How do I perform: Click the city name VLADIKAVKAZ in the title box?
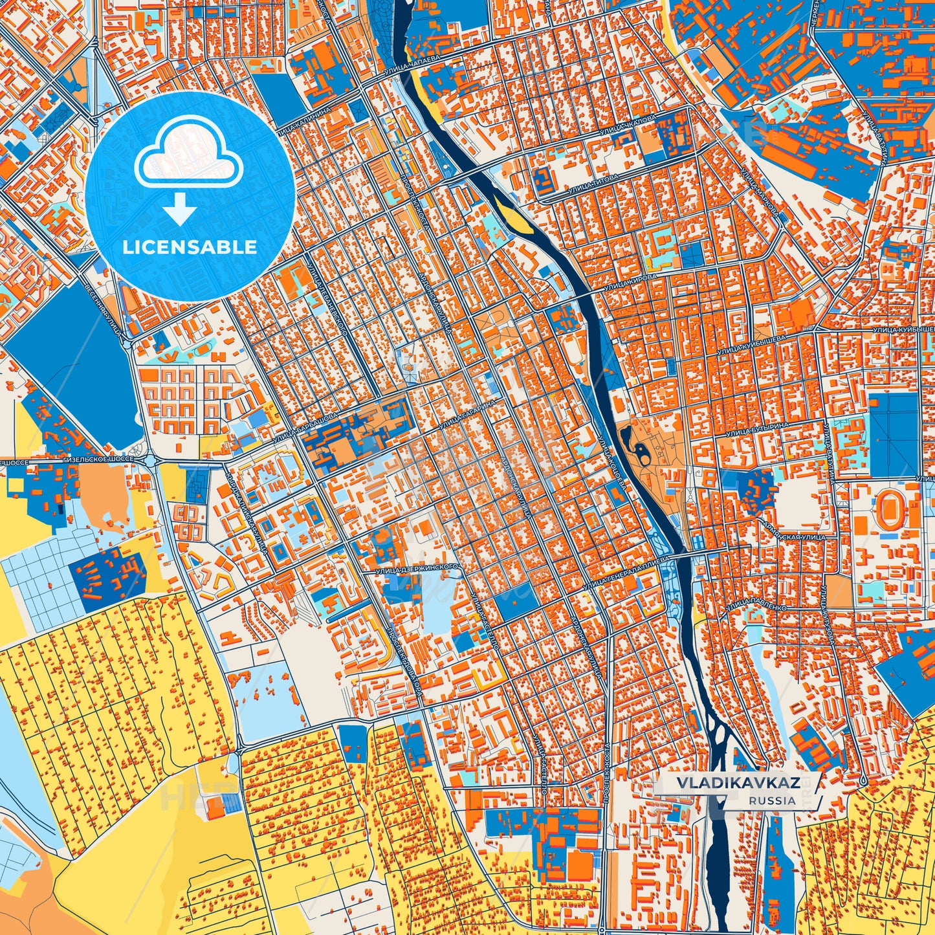737,782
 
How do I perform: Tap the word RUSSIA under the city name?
773,800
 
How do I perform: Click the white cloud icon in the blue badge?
189,157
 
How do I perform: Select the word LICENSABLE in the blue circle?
190,247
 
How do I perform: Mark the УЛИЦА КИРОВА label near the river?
630,281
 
